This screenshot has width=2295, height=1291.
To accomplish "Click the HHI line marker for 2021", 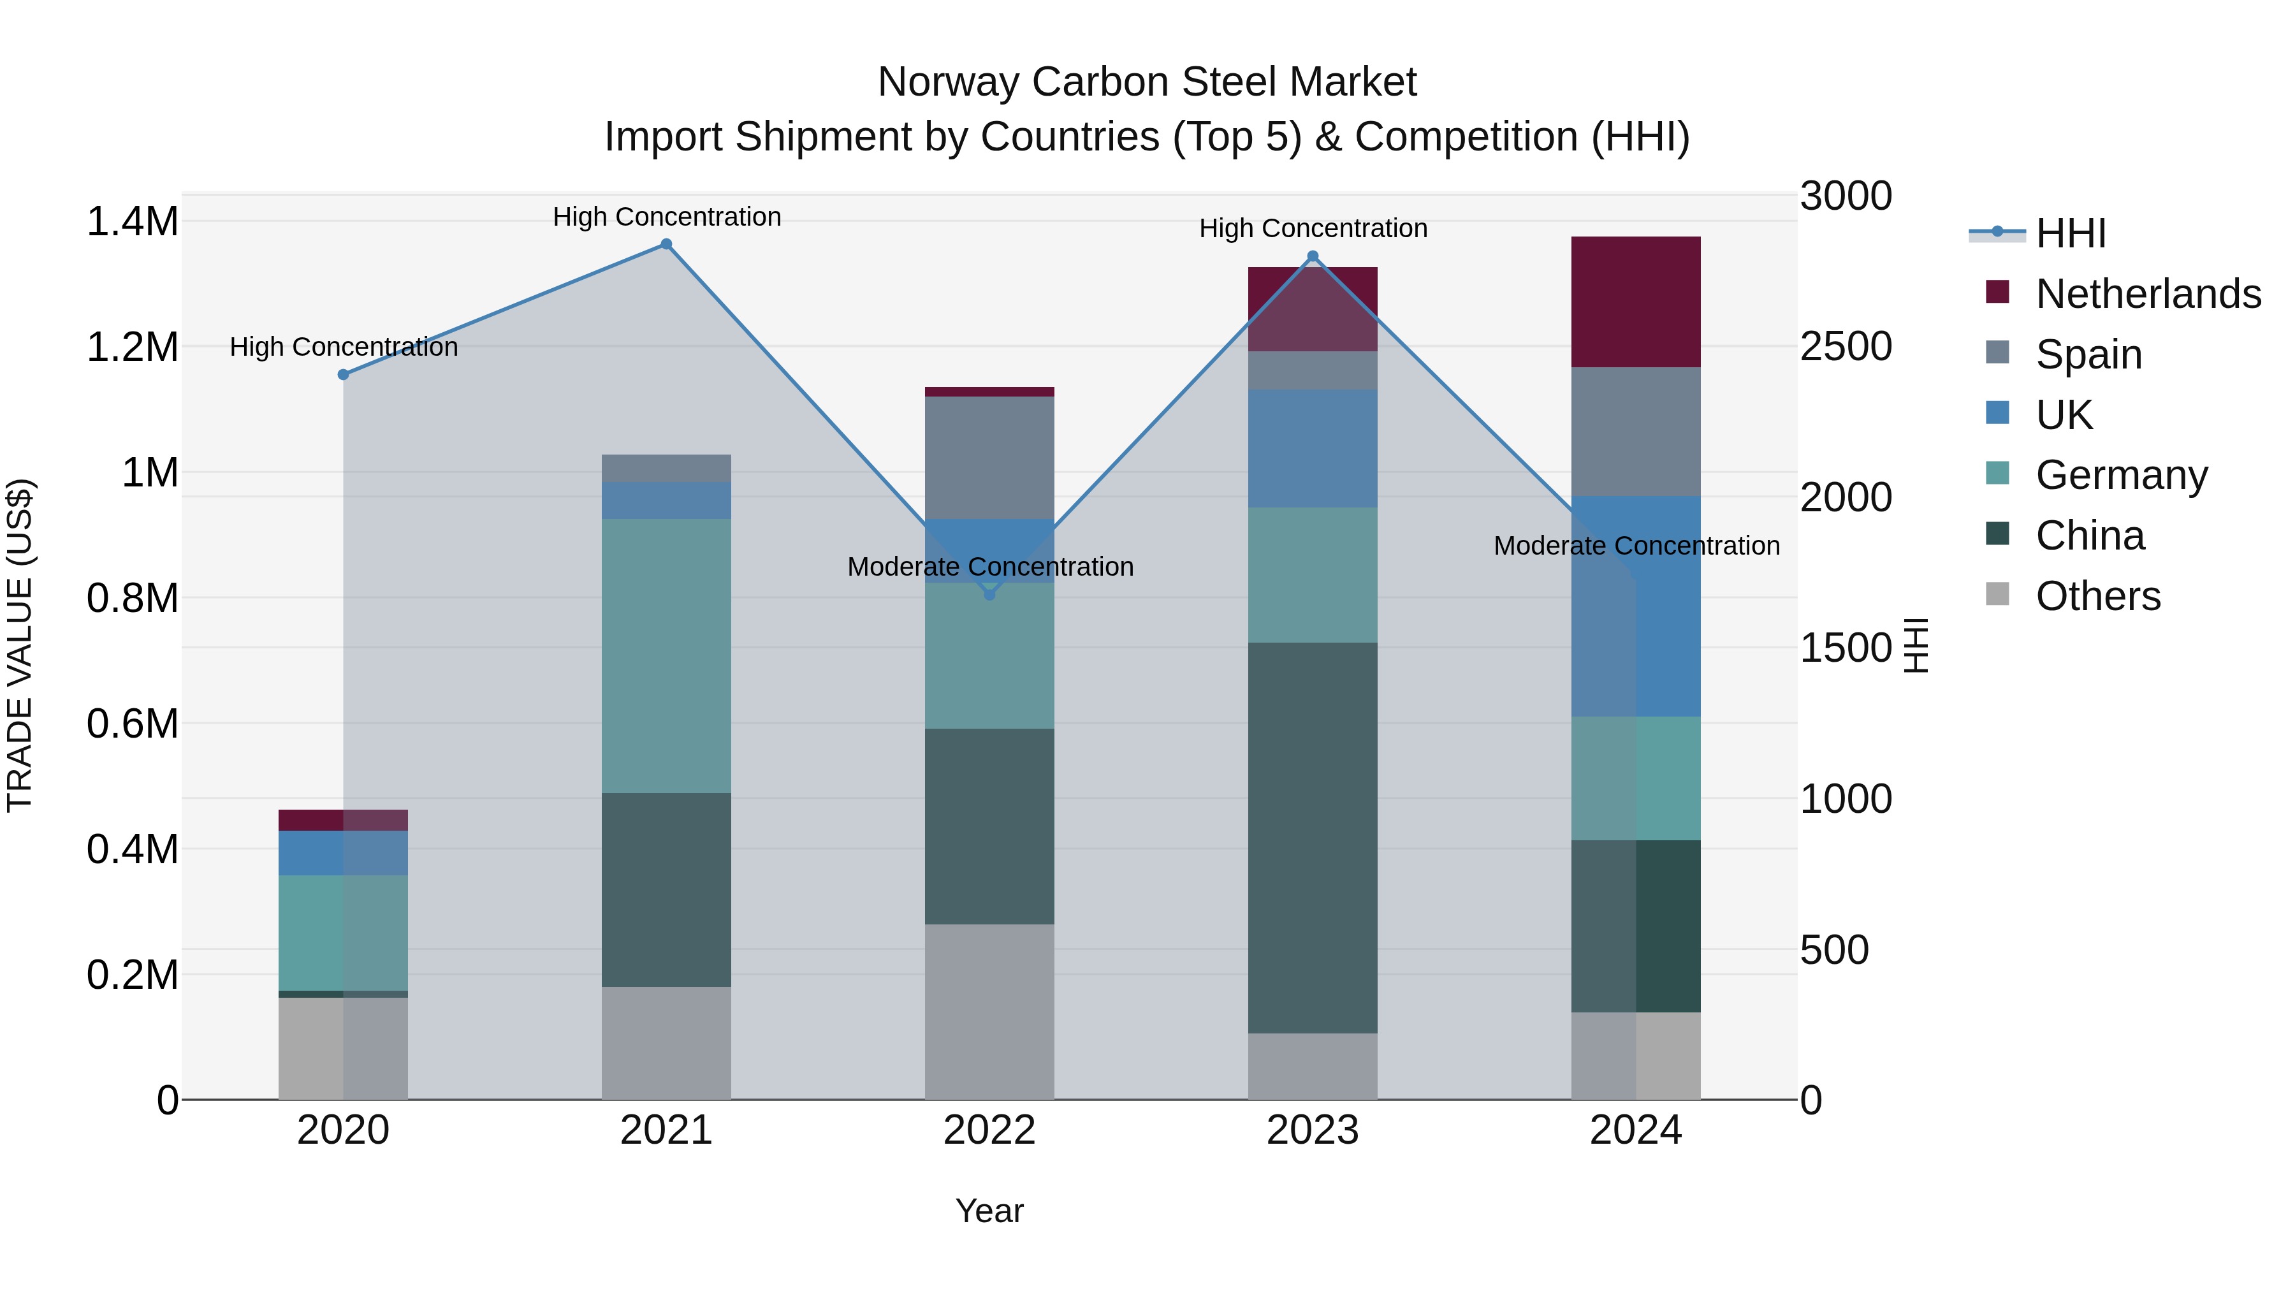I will pyautogui.click(x=666, y=244).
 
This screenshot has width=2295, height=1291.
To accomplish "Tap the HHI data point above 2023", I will pyautogui.click(x=1313, y=256).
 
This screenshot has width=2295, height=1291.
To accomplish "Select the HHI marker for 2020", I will pyautogui.click(x=343, y=374).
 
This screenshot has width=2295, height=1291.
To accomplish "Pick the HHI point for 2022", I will pyautogui.click(x=989, y=594).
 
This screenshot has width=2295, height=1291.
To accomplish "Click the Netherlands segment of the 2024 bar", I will pyautogui.click(x=1636, y=302).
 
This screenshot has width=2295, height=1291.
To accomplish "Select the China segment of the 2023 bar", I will pyautogui.click(x=1313, y=838).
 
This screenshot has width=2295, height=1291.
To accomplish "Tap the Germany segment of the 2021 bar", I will pyautogui.click(x=666, y=656).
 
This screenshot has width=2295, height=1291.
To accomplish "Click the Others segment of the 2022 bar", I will pyautogui.click(x=989, y=1011).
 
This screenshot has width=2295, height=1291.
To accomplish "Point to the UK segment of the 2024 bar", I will pyautogui.click(x=1636, y=606).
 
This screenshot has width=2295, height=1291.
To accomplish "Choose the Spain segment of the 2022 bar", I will pyautogui.click(x=989, y=458).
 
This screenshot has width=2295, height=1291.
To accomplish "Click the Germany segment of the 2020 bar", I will pyautogui.click(x=343, y=932).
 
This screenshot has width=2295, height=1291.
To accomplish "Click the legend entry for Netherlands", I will pyautogui.click(x=2147, y=294).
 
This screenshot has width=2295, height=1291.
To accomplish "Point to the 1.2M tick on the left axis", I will pyautogui.click(x=133, y=347).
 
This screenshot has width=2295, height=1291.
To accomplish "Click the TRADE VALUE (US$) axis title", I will pyautogui.click(x=20, y=645).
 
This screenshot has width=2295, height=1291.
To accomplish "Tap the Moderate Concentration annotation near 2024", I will pyautogui.click(x=1636, y=545).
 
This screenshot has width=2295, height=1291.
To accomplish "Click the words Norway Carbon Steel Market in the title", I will pyautogui.click(x=1147, y=82).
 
